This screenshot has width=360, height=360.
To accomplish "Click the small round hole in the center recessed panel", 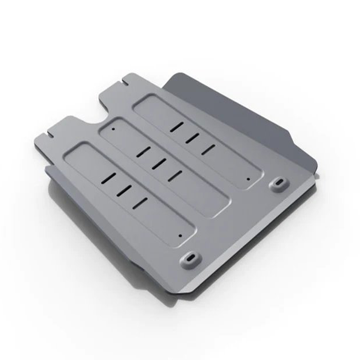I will click(x=114, y=130).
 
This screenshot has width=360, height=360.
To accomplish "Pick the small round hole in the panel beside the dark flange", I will click(x=248, y=179).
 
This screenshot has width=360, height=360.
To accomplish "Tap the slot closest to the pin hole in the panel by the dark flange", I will click(x=208, y=149).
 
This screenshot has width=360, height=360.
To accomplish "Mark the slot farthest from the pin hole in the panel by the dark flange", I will click(x=177, y=126).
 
